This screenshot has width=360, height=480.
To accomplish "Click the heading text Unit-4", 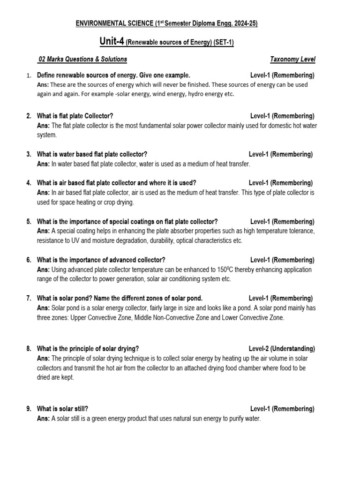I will click(x=112, y=42).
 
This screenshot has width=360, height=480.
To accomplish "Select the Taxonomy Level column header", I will click(x=292, y=59).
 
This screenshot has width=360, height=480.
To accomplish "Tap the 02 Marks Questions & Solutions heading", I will click(x=82, y=59).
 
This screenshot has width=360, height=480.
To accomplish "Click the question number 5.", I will click(x=29, y=221).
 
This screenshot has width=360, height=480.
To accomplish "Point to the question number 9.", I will click(x=29, y=409).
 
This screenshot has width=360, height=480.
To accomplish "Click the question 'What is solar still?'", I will click(x=62, y=409).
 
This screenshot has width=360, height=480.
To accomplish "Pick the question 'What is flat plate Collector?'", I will click(x=75, y=116).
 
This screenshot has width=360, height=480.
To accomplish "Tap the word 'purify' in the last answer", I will click(x=232, y=418).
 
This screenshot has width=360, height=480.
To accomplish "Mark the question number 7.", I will click(x=29, y=298).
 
